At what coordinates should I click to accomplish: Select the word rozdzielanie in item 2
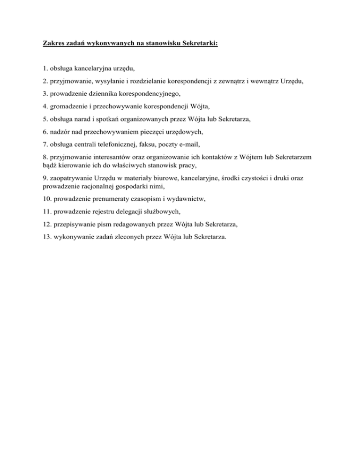click(x=142, y=81)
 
